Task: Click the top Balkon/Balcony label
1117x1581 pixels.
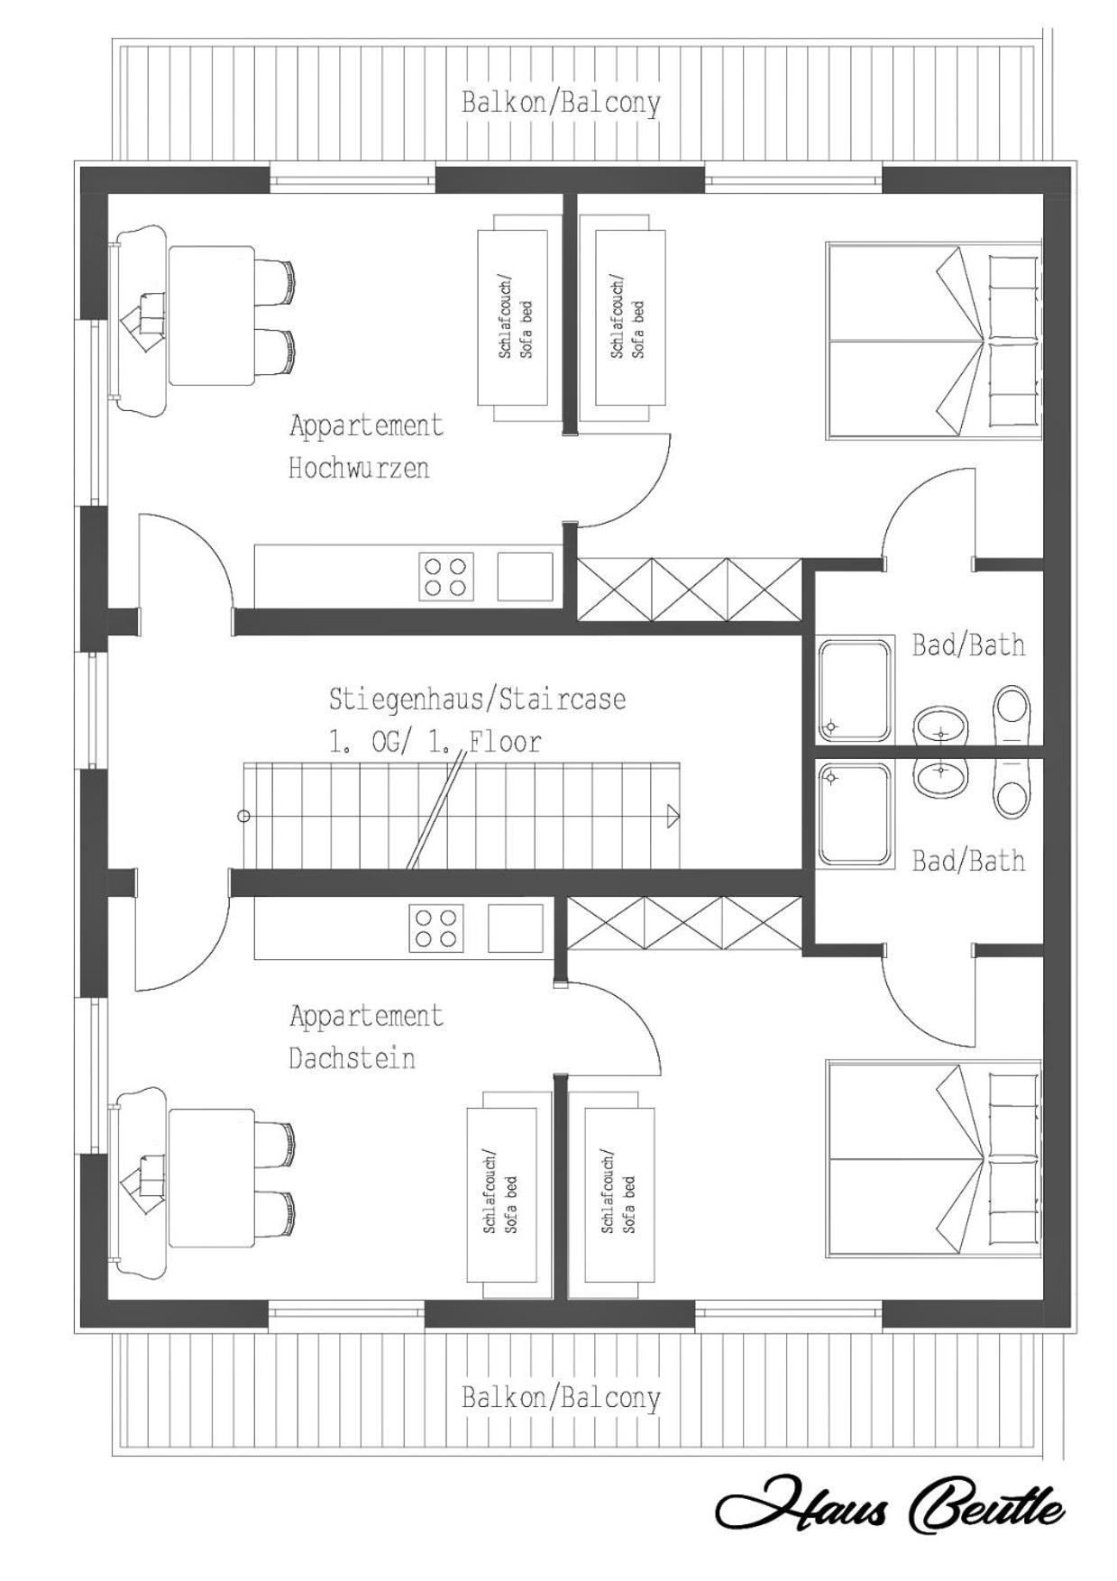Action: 561,103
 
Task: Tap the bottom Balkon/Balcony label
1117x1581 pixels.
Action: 561,1398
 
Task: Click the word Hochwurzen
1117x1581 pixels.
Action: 359,468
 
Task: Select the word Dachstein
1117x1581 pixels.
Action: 352,1057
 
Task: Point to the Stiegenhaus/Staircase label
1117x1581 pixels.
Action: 477,699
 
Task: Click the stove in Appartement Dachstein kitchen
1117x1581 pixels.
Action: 437,928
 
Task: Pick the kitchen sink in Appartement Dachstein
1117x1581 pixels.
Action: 516,928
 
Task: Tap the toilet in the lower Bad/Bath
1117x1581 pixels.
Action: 1012,788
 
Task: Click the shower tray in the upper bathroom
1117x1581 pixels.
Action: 854,690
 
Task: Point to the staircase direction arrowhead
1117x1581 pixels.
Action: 673,817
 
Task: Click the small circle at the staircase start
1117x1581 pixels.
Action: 243,817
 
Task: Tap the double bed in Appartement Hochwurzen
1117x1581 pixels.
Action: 934,341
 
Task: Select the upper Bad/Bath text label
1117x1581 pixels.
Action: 968,645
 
